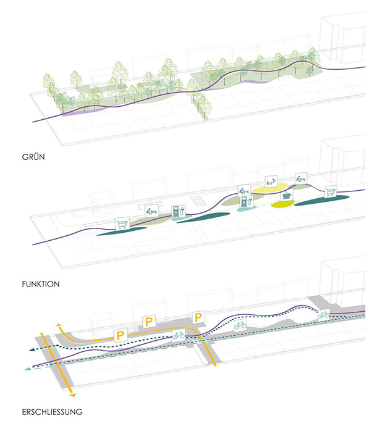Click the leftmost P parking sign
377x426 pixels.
click(x=121, y=335)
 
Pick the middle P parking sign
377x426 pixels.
click(x=149, y=321)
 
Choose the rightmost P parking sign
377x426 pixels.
click(x=198, y=317)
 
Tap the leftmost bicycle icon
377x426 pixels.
click(x=179, y=335)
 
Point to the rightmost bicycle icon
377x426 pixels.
click(x=323, y=315)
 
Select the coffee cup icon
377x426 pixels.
click(x=287, y=196)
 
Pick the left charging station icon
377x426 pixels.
click(x=179, y=211)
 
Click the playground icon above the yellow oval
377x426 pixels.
click(x=271, y=181)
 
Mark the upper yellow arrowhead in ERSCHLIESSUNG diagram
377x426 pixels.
click(x=59, y=325)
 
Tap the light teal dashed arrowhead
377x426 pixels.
click(x=27, y=369)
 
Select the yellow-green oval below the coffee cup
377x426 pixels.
click(x=284, y=206)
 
